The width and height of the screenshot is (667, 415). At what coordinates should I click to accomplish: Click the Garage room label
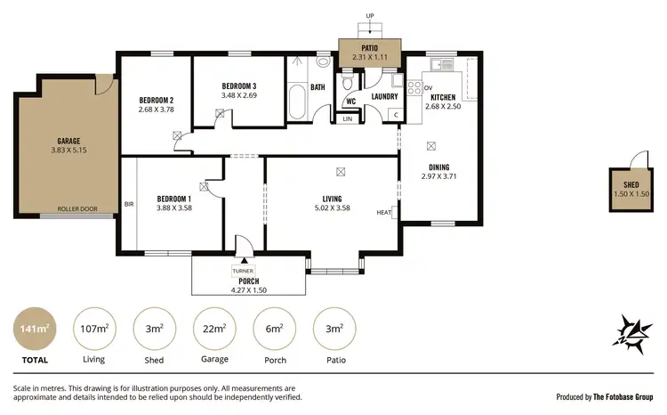point(68,141)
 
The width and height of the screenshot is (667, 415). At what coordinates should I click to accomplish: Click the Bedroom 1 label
point(175,198)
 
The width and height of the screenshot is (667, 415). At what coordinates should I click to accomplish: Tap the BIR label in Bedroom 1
point(128,202)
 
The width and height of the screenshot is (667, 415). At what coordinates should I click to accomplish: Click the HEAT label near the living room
point(384,212)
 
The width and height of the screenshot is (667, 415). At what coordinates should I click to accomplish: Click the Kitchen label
point(443,96)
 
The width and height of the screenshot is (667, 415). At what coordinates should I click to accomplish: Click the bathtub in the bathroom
point(297,102)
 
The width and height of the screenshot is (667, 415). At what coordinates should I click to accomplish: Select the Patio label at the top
point(370,49)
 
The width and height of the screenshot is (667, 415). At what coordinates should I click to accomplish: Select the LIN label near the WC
point(348,118)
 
